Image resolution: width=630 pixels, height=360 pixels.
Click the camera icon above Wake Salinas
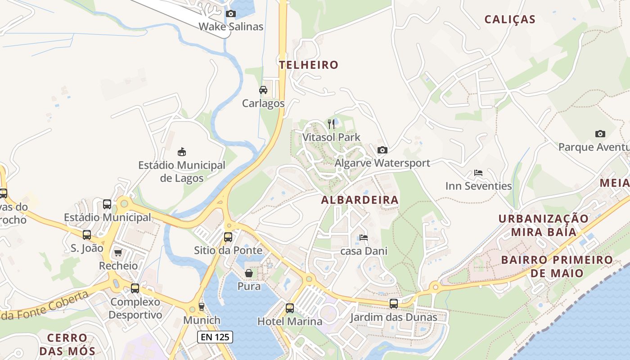click(x=231, y=13)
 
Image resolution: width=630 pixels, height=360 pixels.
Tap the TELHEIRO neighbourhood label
click(x=308, y=65)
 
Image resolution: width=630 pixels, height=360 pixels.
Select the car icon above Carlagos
click(x=263, y=90)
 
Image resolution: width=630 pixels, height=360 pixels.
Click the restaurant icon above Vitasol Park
click(x=331, y=124)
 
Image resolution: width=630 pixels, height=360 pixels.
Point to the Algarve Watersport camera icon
click(x=382, y=150)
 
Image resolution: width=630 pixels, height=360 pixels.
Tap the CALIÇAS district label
click(x=510, y=19)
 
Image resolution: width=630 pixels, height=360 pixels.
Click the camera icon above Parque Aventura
click(x=600, y=134)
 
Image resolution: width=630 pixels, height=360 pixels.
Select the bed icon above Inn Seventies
click(x=478, y=173)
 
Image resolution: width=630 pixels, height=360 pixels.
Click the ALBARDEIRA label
click(x=360, y=200)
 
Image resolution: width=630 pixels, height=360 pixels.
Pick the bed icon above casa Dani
click(x=364, y=237)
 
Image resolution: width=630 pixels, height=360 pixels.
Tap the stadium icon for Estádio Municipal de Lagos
click(x=182, y=152)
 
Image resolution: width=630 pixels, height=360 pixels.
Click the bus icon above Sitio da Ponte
click(x=228, y=237)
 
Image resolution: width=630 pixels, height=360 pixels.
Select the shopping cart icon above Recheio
click(x=118, y=252)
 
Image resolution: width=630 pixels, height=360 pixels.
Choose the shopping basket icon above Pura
click(x=248, y=273)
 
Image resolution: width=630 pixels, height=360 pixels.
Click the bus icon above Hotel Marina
click(x=290, y=308)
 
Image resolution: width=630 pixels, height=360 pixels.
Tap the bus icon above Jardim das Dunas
click(x=394, y=304)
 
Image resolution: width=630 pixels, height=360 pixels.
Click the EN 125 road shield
click(x=215, y=337)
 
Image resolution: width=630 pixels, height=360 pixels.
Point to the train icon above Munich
click(x=201, y=307)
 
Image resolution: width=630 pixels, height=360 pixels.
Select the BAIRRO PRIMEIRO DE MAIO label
click(x=557, y=266)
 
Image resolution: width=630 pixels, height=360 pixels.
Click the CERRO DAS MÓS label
click(x=67, y=344)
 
